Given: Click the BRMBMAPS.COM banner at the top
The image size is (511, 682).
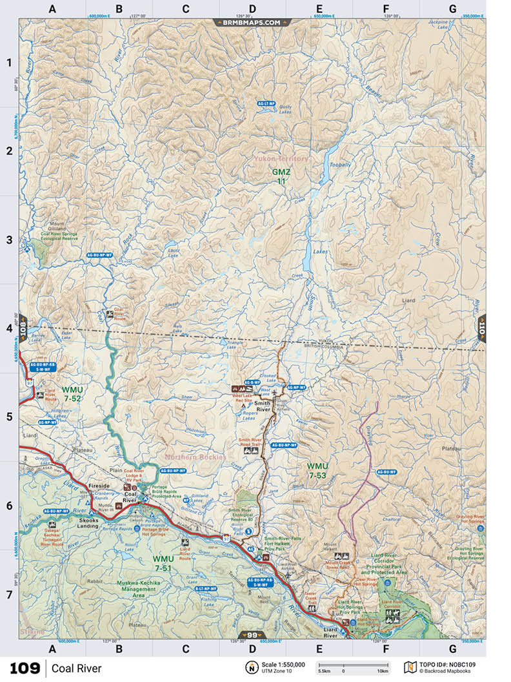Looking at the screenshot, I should pyautogui.click(x=252, y=22).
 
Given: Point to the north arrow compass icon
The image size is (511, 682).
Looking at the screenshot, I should pyautogui.click(x=249, y=667).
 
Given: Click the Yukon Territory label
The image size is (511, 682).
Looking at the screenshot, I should pyautogui.click(x=281, y=159).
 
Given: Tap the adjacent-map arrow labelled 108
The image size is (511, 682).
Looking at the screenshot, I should pyautogui.click(x=22, y=327).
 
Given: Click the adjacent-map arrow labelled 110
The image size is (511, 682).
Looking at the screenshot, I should pyautogui.click(x=481, y=327).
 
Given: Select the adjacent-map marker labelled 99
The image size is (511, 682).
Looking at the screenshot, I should pyautogui.click(x=252, y=635).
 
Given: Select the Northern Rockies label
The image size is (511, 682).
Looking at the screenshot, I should pyautogui.click(x=195, y=457).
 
